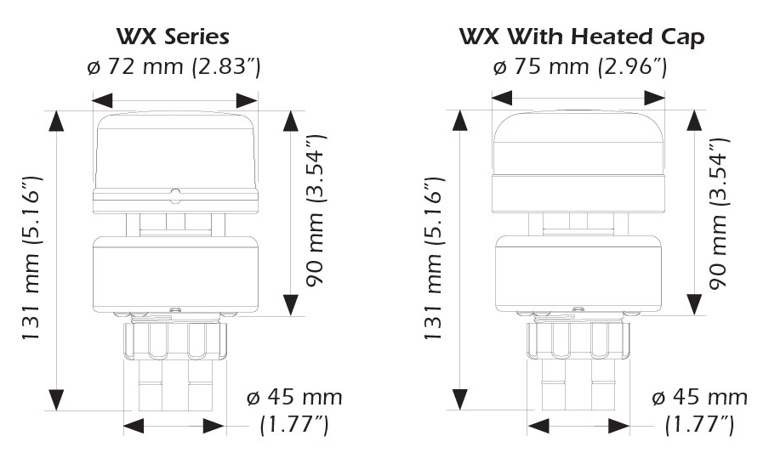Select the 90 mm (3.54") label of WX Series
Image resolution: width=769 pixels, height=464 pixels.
point(317,212)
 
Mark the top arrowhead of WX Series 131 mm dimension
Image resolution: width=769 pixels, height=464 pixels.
point(57,120)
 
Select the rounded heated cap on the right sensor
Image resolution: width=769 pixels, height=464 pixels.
point(578,140)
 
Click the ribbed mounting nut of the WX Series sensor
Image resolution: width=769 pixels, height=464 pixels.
point(174,340)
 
